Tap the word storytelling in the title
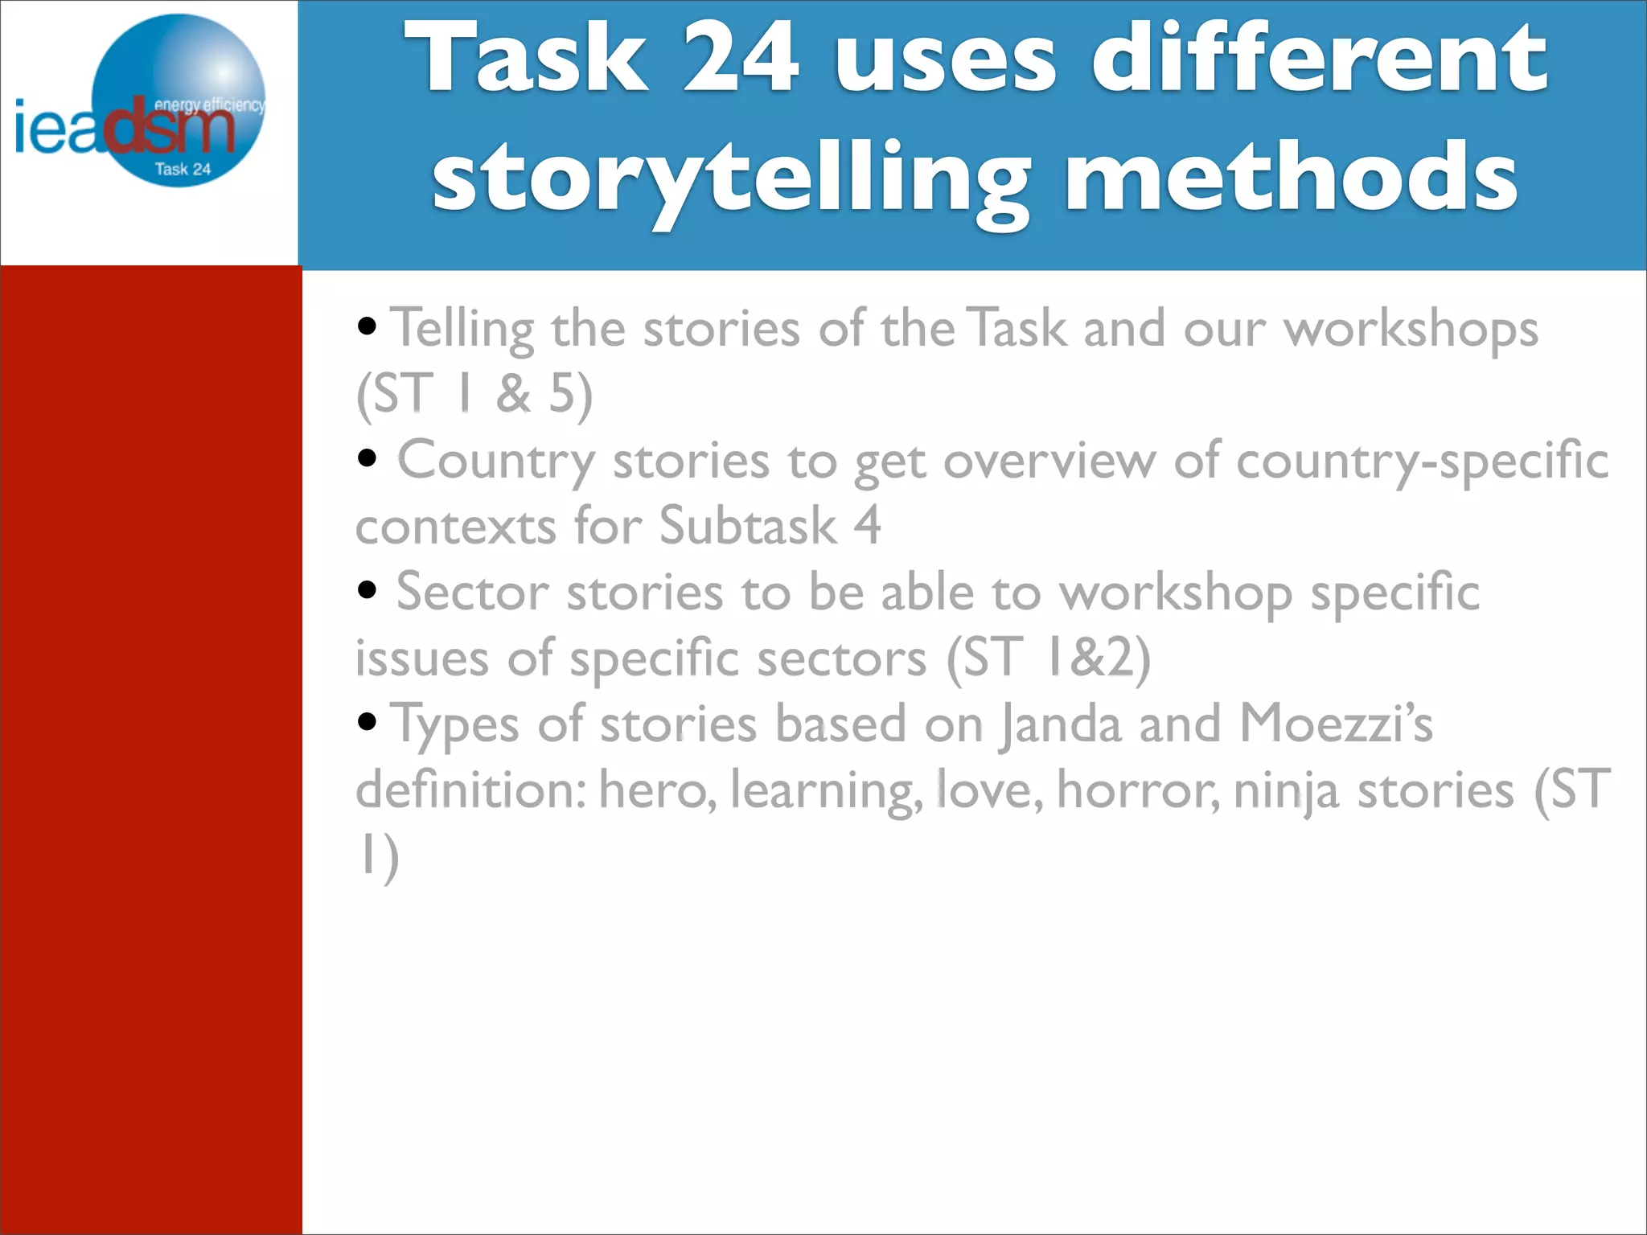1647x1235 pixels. (x=730, y=178)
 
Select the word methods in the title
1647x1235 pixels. (x=1292, y=175)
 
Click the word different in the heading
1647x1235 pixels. (x=1319, y=58)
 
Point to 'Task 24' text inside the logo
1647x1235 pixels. (x=183, y=170)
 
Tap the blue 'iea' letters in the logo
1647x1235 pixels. (x=56, y=129)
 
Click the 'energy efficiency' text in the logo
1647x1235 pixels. (x=209, y=105)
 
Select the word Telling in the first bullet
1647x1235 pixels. (x=462, y=330)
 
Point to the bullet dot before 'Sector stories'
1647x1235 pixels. (x=368, y=590)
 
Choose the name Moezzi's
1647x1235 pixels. (x=1336, y=723)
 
